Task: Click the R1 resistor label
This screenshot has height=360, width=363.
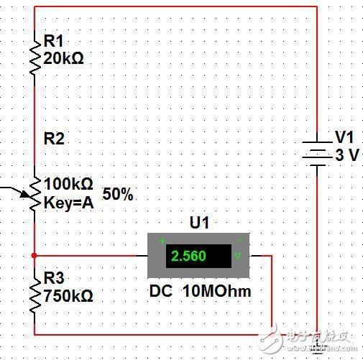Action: pos(54,42)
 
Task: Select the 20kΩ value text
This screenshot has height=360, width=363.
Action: pos(63,59)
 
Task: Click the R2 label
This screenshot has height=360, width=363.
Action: pos(54,139)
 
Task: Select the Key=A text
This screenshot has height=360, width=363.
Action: pos(68,202)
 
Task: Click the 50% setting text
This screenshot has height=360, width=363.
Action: pos(118,194)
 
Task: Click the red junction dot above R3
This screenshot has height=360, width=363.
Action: pos(34,255)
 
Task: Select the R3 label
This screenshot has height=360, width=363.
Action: pos(54,277)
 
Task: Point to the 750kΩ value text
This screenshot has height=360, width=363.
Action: pos(68,295)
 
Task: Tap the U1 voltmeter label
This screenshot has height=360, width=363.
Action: pos(198,223)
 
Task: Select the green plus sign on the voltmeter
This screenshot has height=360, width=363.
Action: pos(162,240)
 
